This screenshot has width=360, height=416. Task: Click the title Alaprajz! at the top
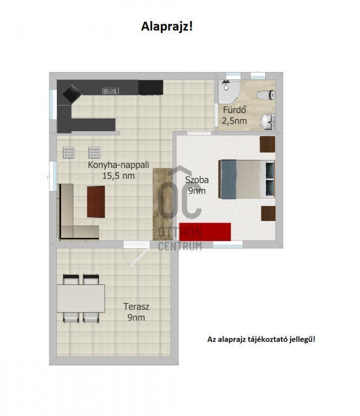[167, 27]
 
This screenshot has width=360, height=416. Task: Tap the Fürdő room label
[234, 109]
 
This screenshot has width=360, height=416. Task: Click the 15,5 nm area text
[119, 175]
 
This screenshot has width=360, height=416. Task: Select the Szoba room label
[197, 180]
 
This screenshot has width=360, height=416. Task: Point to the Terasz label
[136, 307]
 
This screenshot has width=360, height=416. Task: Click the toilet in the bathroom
[266, 95]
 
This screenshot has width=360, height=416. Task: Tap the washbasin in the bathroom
[268, 122]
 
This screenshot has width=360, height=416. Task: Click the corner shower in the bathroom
[228, 92]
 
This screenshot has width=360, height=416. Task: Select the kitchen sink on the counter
[110, 91]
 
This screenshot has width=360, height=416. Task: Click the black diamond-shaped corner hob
[72, 93]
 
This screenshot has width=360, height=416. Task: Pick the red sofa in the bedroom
[205, 232]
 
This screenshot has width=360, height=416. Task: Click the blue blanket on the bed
[228, 179]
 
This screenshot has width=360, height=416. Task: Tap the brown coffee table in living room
[96, 201]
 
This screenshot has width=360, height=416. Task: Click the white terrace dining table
[81, 298]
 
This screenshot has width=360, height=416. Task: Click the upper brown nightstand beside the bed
[267, 144]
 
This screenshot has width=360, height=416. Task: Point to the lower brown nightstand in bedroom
[268, 213]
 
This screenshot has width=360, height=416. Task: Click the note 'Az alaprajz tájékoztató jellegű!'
[261, 339]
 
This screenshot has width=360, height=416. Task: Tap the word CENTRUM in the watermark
[180, 246]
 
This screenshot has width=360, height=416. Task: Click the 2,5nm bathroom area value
[234, 121]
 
